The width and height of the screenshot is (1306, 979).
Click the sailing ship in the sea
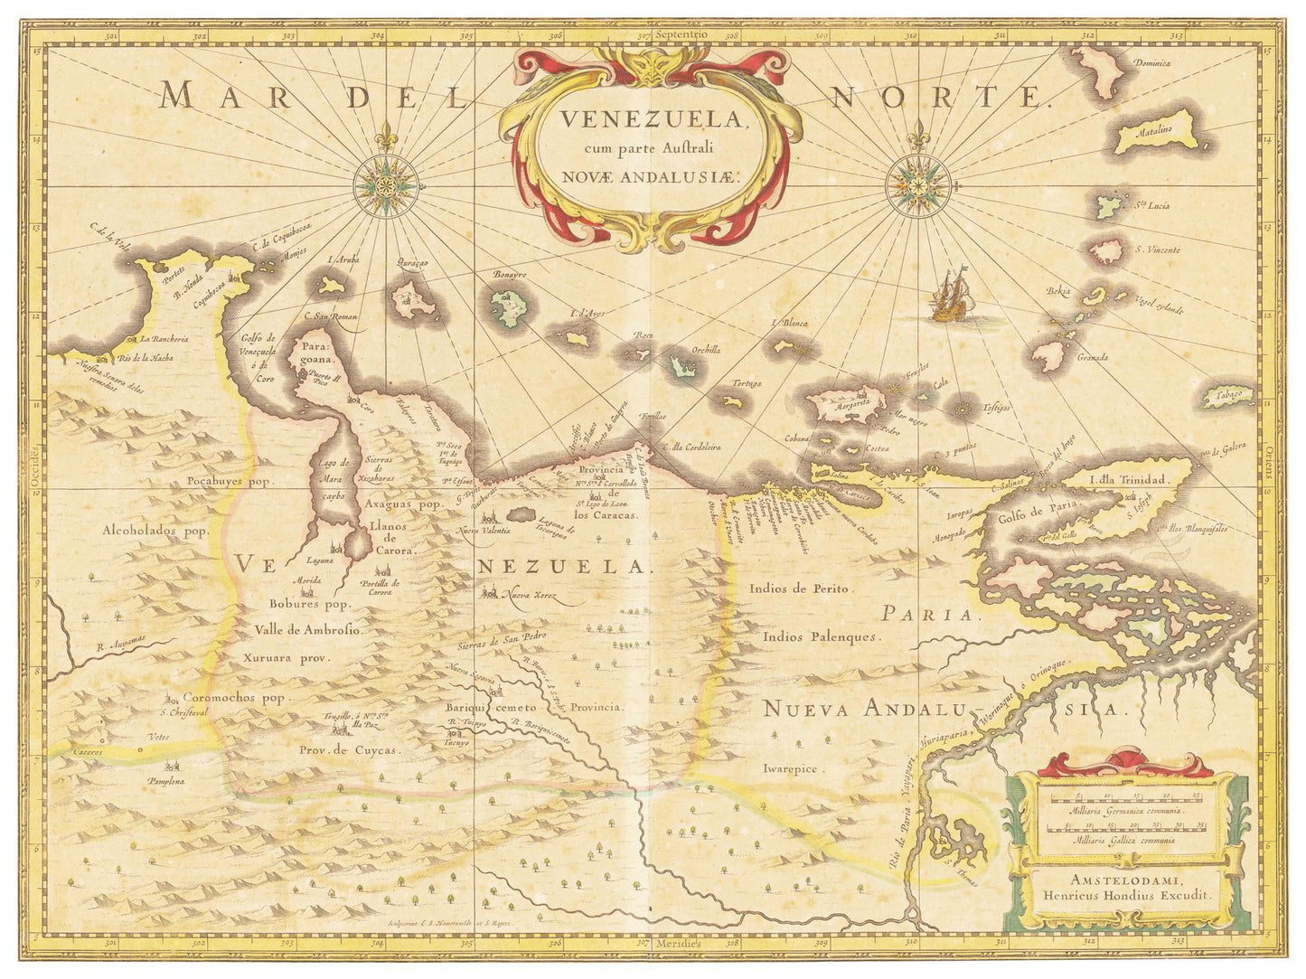tap(949, 297)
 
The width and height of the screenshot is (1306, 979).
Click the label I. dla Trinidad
tap(1130, 480)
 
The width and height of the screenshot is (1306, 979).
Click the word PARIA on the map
tap(929, 616)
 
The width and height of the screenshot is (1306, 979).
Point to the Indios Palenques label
tap(821, 636)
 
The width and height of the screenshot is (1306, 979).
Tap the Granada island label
tap(1092, 357)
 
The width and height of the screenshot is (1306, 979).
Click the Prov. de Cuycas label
tap(350, 749)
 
